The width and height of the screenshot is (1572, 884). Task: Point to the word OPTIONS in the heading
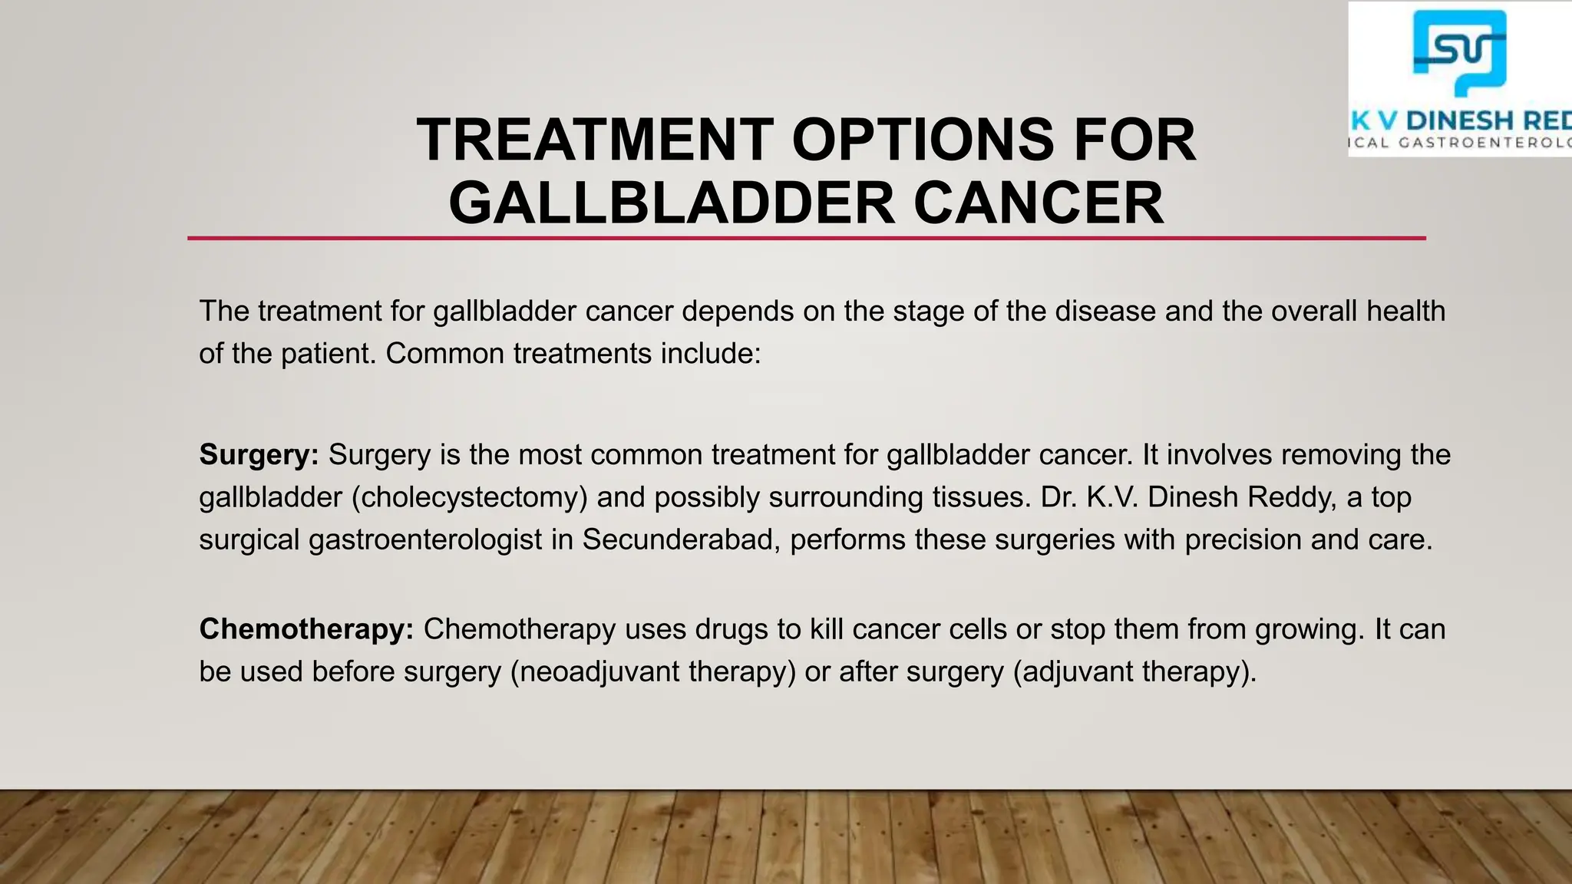tap(923, 140)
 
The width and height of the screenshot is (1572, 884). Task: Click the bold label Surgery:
tap(259, 455)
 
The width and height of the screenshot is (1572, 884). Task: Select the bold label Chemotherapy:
tap(306, 629)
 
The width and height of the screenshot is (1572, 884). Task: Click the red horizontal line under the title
tap(806, 239)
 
